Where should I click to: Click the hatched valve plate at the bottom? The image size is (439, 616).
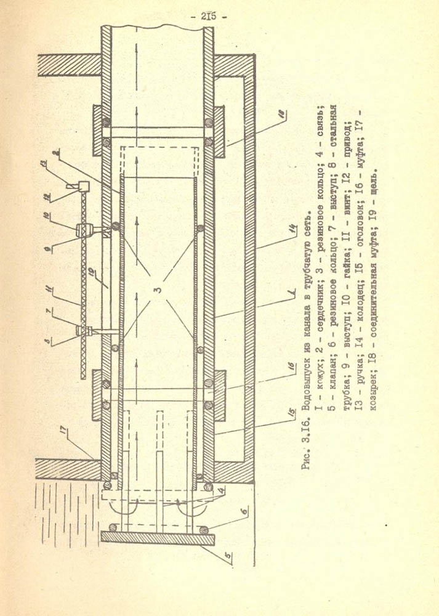(x=158, y=538)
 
